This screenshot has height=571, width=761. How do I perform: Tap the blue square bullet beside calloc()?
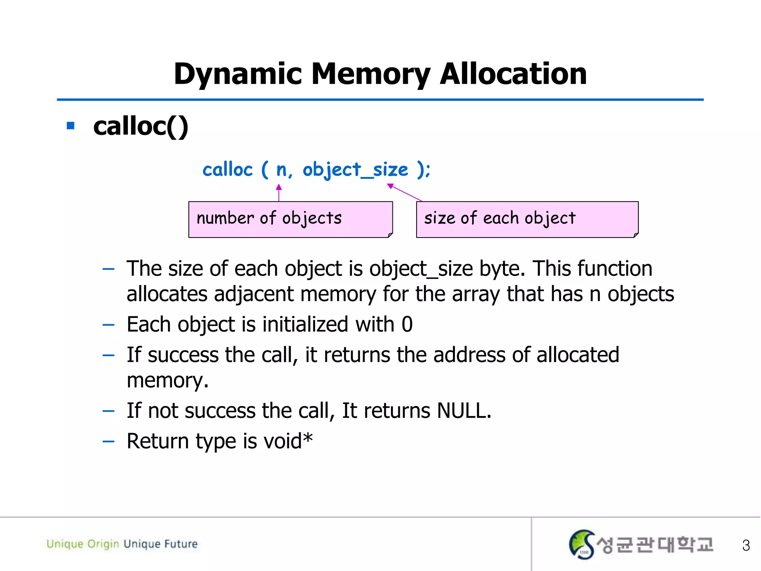(x=71, y=126)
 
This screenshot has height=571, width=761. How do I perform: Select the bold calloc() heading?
(x=140, y=126)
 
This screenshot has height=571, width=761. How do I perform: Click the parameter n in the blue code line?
(x=281, y=170)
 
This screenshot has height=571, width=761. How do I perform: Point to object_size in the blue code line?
(x=355, y=170)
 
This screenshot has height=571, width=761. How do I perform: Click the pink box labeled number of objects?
(x=290, y=219)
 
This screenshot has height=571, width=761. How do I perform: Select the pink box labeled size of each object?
(x=527, y=219)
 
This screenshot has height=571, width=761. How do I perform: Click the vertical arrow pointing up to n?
(x=279, y=193)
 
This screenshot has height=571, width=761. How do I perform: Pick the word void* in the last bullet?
(x=288, y=441)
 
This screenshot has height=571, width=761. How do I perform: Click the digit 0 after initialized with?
(x=407, y=325)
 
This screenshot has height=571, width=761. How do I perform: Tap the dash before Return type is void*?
(x=109, y=442)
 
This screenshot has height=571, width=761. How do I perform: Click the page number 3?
(x=745, y=545)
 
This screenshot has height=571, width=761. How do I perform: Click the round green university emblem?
(x=582, y=544)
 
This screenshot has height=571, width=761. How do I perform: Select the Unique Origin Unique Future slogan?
(x=122, y=544)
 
